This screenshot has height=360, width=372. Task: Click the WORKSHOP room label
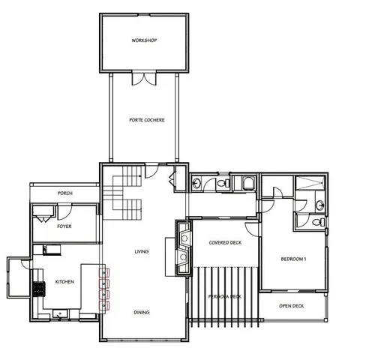(x=143, y=40)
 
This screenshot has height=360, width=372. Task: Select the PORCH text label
(x=64, y=193)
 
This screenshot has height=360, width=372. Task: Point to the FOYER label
(x=64, y=226)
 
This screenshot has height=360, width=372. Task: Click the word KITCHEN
(x=64, y=282)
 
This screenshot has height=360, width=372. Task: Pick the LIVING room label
(x=141, y=251)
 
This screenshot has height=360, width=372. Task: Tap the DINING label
(x=141, y=312)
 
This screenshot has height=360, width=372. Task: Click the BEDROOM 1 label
(x=293, y=259)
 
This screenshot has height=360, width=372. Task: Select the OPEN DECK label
(x=291, y=306)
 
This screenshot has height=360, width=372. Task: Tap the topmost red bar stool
(x=106, y=271)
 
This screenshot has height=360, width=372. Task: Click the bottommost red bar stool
(x=106, y=304)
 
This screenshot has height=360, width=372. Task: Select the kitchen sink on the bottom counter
(x=60, y=312)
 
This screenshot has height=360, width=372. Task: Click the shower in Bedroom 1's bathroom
(x=309, y=184)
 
